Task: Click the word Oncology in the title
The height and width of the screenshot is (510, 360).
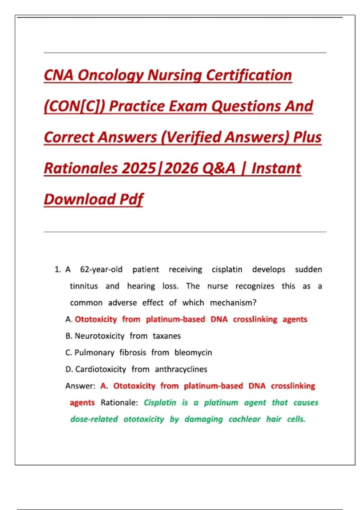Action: point(110,75)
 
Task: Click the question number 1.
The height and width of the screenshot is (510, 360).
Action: point(58,269)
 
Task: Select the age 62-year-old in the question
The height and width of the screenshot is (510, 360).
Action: point(101,269)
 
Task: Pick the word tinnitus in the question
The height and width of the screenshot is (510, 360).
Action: point(84,286)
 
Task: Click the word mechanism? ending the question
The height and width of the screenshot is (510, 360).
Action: point(233,303)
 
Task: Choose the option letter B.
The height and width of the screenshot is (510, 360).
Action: point(69,336)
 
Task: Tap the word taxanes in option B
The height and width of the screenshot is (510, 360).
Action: point(166,336)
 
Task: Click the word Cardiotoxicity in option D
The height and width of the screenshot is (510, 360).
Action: point(100,369)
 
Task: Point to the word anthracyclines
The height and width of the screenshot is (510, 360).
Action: point(181,369)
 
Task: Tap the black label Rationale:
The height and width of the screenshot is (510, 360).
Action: point(119,403)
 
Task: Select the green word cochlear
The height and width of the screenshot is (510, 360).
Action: point(244,419)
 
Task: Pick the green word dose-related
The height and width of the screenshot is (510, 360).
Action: point(94,419)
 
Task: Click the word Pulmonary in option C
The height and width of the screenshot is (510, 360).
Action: point(94,352)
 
